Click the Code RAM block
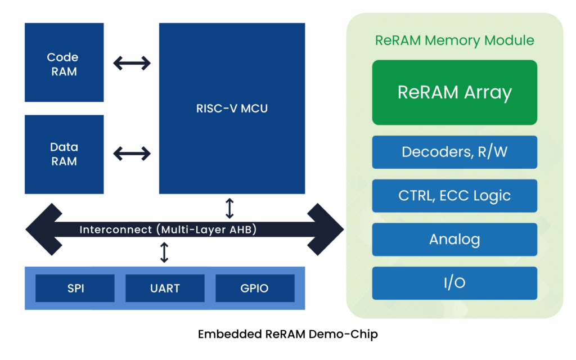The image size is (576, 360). (x=64, y=63)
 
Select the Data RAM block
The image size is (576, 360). (x=64, y=154)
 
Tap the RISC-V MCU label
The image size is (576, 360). (x=232, y=109)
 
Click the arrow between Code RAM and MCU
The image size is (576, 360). (x=132, y=63)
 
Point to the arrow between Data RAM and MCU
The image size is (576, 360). (x=132, y=153)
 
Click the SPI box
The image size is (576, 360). (x=75, y=289)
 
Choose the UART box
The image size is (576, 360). (x=165, y=289)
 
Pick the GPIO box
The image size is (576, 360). (x=255, y=289)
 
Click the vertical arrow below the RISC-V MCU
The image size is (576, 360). (x=229, y=208)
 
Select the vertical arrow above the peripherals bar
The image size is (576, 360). (x=164, y=253)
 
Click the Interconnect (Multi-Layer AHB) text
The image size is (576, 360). (x=168, y=229)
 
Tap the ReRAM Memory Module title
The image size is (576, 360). (x=454, y=40)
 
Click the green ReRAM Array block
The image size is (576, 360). (x=454, y=92)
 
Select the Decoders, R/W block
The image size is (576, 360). (x=454, y=152)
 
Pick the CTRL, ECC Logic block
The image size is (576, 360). (x=454, y=196)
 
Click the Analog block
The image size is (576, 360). (x=454, y=240)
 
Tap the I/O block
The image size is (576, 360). (x=454, y=283)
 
